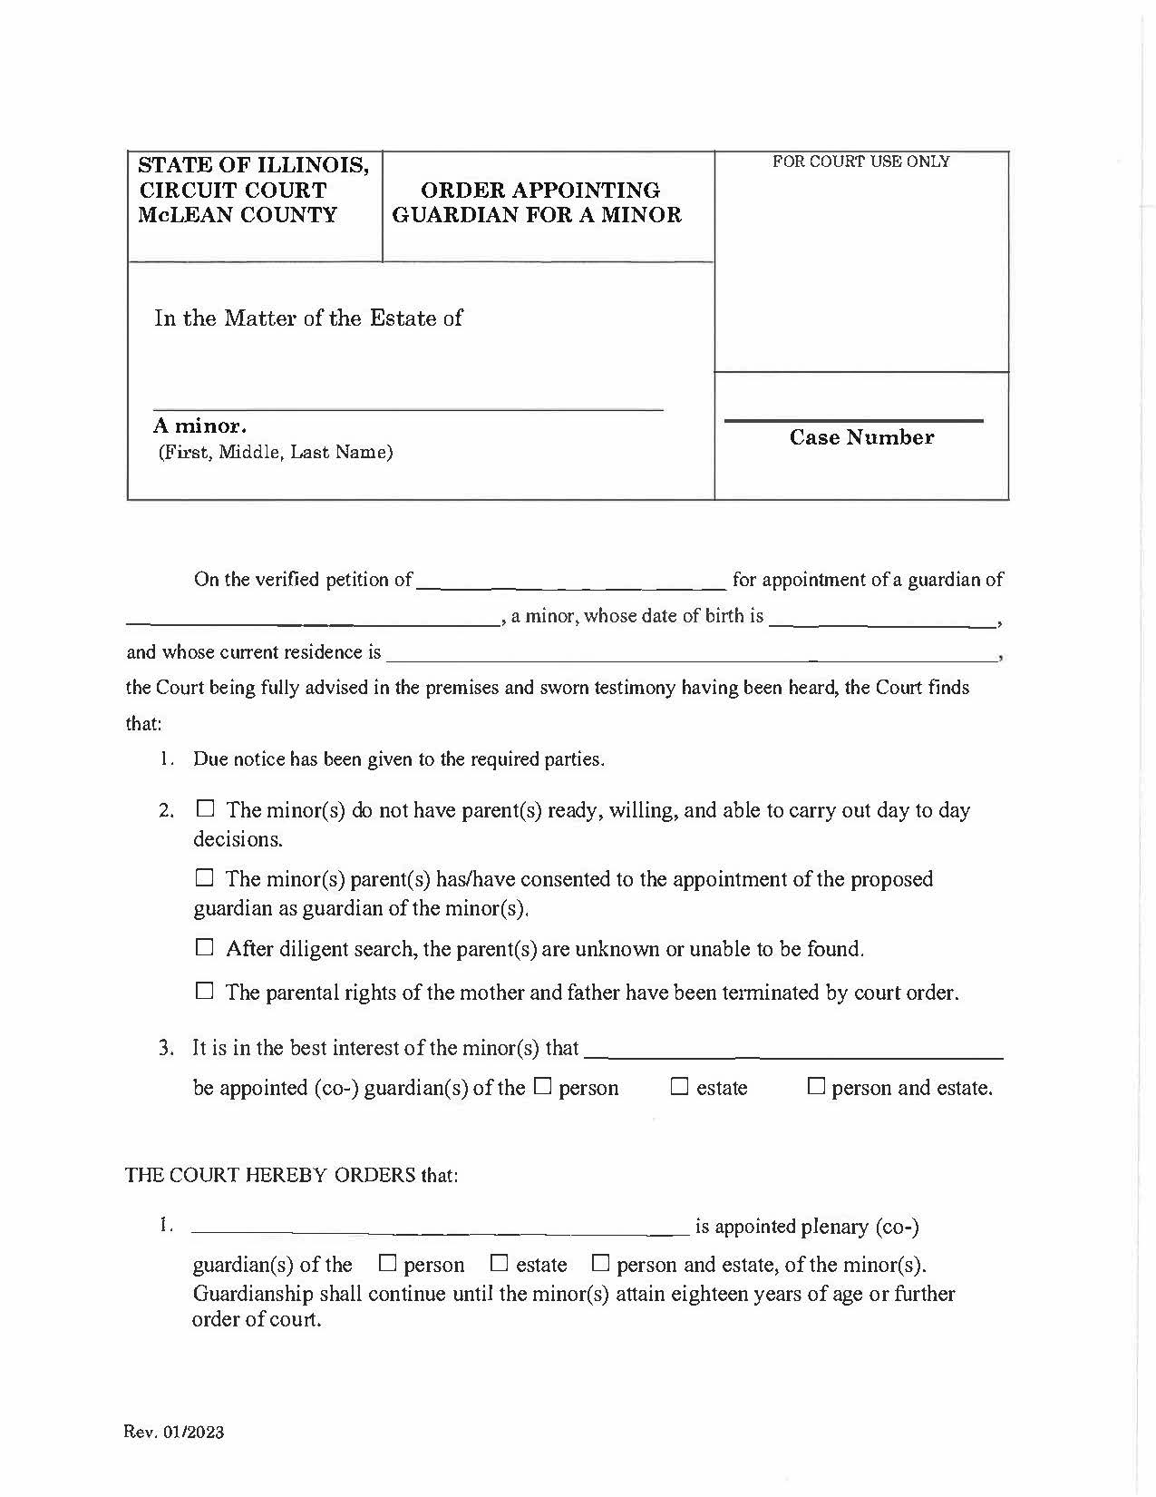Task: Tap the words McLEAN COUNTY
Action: click(x=238, y=215)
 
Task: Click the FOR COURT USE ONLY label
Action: click(x=860, y=161)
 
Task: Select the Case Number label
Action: click(x=861, y=437)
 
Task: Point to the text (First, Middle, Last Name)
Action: click(x=276, y=452)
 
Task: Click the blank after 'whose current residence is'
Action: click(x=689, y=653)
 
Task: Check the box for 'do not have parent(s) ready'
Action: click(x=205, y=807)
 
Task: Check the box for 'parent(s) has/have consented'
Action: click(x=205, y=877)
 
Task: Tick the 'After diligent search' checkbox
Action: click(x=205, y=947)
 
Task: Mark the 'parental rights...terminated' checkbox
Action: click(x=205, y=991)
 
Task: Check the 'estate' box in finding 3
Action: click(x=679, y=1086)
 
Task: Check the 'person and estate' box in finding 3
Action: click(x=816, y=1086)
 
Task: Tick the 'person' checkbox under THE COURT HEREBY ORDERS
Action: click(x=387, y=1263)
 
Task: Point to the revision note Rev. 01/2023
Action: click(x=173, y=1433)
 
